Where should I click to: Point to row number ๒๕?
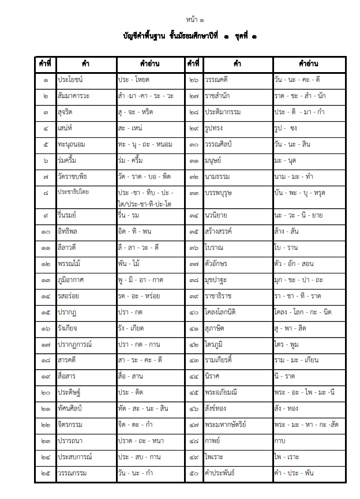(46, 474)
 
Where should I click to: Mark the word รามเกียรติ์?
(222, 360)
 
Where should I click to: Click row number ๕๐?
(194, 474)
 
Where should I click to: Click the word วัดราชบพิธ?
(76, 175)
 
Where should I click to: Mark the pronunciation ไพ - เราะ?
(287, 457)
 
